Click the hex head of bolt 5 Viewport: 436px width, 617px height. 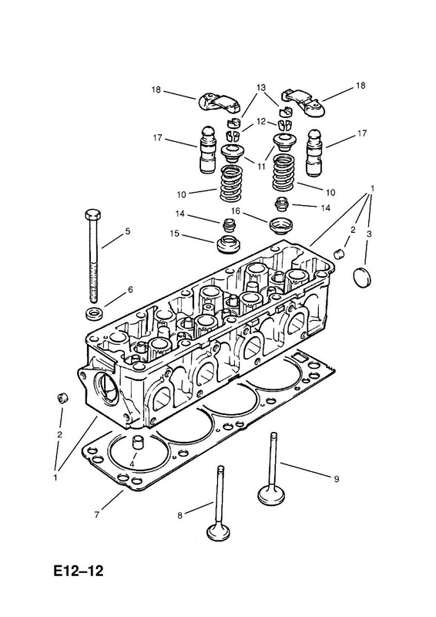tap(92, 215)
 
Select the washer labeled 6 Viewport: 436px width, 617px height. tap(93, 314)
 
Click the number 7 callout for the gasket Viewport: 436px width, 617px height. tap(97, 514)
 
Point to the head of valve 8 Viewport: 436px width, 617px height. tap(218, 531)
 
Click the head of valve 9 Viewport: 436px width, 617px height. tap(271, 494)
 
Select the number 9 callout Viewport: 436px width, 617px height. tap(337, 479)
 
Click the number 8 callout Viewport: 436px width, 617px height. tap(179, 514)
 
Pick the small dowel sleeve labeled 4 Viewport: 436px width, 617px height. tap(138, 442)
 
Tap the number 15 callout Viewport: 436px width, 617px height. tap(175, 234)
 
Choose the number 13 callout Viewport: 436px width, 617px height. tap(261, 87)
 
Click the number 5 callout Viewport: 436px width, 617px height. tap(127, 231)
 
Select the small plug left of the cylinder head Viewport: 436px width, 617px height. tap(62, 398)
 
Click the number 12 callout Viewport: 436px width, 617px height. tap(261, 121)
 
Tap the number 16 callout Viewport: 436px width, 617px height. tap(236, 211)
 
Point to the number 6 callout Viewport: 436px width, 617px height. tap(130, 290)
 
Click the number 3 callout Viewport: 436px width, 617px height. tap(369, 234)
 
